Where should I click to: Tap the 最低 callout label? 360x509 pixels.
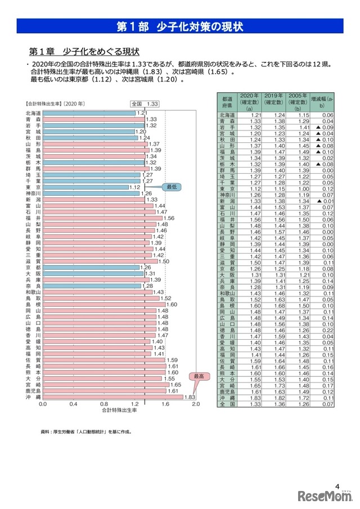[x=170, y=186]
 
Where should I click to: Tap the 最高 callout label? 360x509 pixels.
[x=198, y=376]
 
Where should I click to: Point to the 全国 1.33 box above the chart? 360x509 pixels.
[x=145, y=103]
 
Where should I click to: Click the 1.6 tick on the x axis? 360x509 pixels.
[x=165, y=404]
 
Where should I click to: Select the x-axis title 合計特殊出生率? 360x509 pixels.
[x=120, y=411]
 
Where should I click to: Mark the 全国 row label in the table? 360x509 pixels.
[x=227, y=404]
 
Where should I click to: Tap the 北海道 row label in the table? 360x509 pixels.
[x=227, y=115]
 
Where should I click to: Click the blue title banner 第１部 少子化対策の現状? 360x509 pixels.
[x=179, y=26]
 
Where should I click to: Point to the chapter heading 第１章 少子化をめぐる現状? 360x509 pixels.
[x=84, y=52]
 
